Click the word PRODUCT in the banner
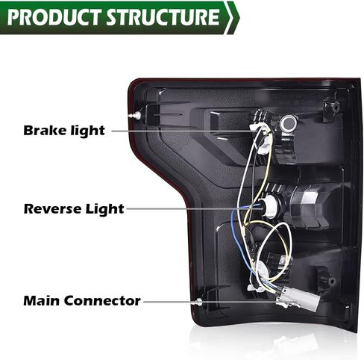(x=55, y=17)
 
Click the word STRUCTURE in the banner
(x=163, y=17)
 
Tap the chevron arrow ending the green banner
(x=232, y=17)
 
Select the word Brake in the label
(x=45, y=130)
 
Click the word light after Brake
(x=88, y=131)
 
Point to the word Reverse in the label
(x=53, y=208)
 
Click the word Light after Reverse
(x=104, y=209)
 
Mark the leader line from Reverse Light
(x=194, y=208)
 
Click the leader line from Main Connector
(x=210, y=302)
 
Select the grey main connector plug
(x=298, y=299)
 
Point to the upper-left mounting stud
(x=135, y=115)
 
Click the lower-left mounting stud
(x=198, y=302)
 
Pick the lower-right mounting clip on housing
(x=326, y=279)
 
